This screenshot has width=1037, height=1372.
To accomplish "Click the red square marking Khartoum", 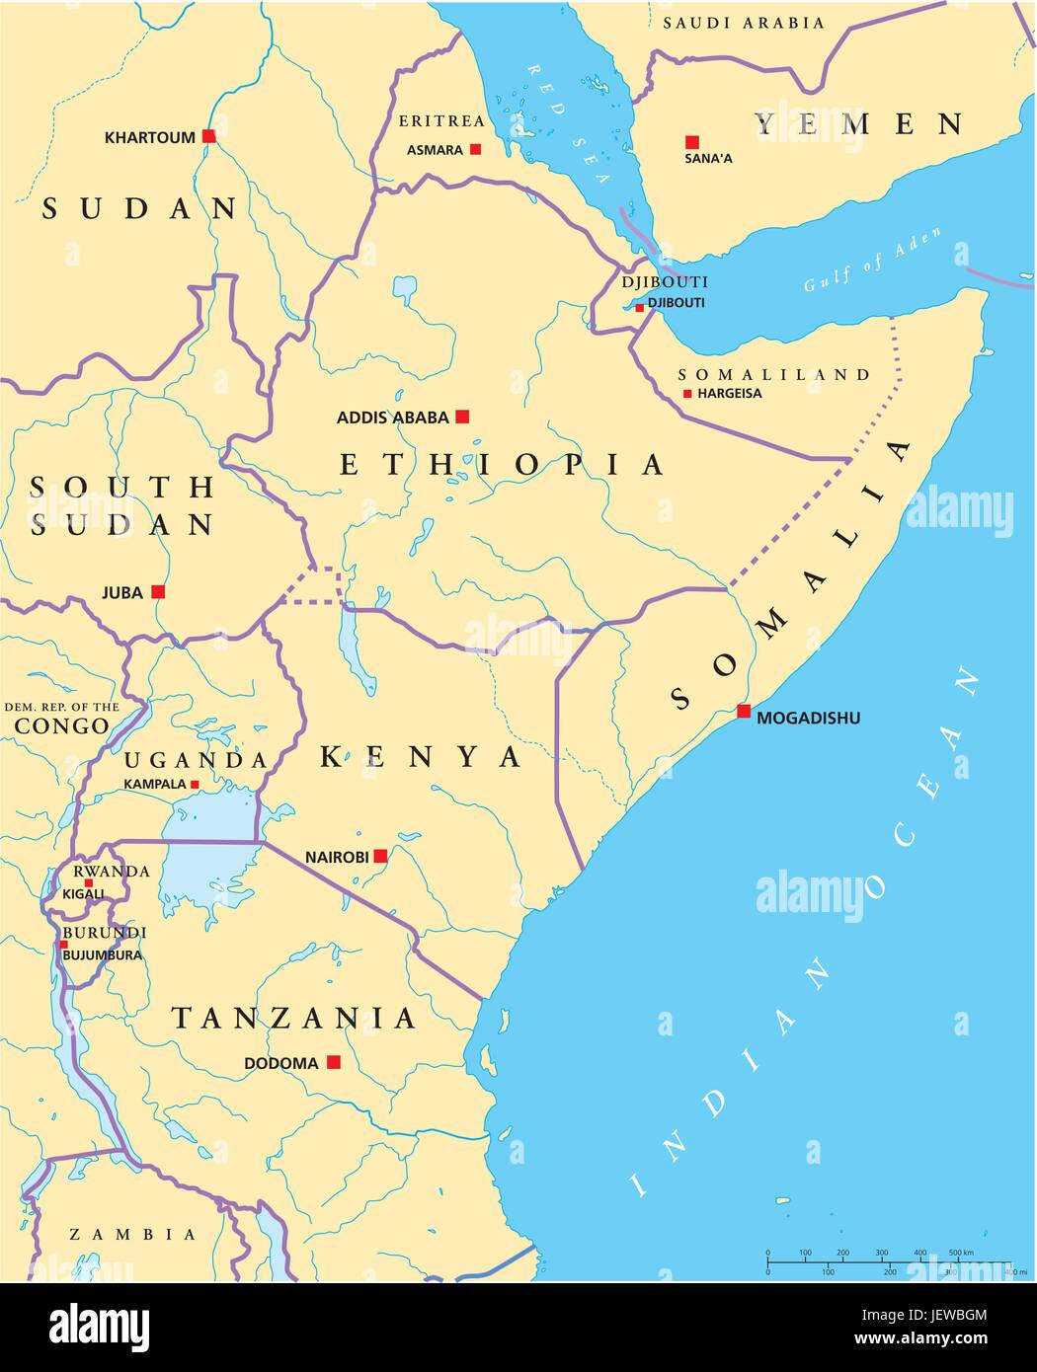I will (x=208, y=136).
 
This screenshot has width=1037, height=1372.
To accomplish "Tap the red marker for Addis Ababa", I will (x=461, y=417).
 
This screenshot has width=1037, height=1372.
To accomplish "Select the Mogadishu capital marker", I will (x=743, y=711).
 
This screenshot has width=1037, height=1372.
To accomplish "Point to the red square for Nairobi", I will (x=379, y=856).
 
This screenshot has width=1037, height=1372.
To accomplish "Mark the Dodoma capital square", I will (x=334, y=1062).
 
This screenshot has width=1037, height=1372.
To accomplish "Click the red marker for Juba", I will (x=158, y=592).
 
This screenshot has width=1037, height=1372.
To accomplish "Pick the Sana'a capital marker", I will (x=692, y=142).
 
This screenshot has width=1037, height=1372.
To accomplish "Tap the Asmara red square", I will (x=475, y=149).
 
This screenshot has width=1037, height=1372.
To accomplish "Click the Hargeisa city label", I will (x=729, y=394).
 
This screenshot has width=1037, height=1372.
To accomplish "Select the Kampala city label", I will (x=154, y=784).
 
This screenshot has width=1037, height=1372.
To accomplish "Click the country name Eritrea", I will (x=441, y=121).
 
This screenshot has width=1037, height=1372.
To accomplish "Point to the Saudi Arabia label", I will (x=743, y=23).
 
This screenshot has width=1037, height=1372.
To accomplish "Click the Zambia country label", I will (x=132, y=1234).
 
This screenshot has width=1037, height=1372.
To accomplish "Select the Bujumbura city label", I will (x=102, y=954).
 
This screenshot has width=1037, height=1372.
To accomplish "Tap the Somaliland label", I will (x=773, y=375).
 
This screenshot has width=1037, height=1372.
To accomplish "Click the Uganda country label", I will (x=196, y=760).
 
